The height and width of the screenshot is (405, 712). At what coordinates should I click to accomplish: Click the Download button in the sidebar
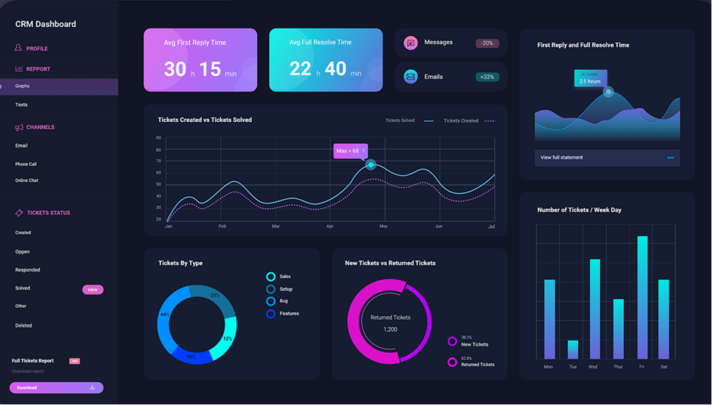pyautogui.click(x=56, y=388)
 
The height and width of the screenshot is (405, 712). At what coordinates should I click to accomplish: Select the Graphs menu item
pyautogui.click(x=23, y=86)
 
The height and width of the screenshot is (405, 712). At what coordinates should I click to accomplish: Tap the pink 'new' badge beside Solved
pyautogui.click(x=93, y=290)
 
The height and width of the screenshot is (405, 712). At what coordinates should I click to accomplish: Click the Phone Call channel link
pyautogui.click(x=26, y=164)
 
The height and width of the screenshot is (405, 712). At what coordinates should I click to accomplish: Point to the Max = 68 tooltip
pyautogui.click(x=350, y=151)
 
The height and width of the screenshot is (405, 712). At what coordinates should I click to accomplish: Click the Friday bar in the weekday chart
pyautogui.click(x=642, y=297)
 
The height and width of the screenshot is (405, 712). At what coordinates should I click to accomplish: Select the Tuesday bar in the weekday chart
pyautogui.click(x=573, y=350)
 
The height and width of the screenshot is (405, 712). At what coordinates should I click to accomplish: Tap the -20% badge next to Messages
pyautogui.click(x=487, y=43)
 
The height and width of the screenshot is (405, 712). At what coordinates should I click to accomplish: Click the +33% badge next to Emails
pyautogui.click(x=487, y=77)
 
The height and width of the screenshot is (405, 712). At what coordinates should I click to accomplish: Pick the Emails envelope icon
pyautogui.click(x=411, y=77)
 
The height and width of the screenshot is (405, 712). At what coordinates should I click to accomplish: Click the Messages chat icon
pyautogui.click(x=411, y=43)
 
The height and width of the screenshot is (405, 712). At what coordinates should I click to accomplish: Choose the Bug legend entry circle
pyautogui.click(x=271, y=301)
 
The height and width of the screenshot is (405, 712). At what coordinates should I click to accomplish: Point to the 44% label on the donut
pyautogui.click(x=165, y=314)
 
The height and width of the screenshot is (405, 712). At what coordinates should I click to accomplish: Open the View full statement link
pyautogui.click(x=562, y=157)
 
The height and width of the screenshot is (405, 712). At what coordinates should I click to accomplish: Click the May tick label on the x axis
pyautogui.click(x=384, y=227)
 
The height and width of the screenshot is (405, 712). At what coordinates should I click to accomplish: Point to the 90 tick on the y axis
pyautogui.click(x=159, y=138)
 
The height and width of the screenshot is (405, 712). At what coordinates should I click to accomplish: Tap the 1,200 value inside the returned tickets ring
pyautogui.click(x=390, y=329)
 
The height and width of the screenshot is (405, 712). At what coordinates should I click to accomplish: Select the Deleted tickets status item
pyautogui.click(x=24, y=326)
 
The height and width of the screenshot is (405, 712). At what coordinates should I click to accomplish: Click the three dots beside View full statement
pyautogui.click(x=671, y=157)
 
